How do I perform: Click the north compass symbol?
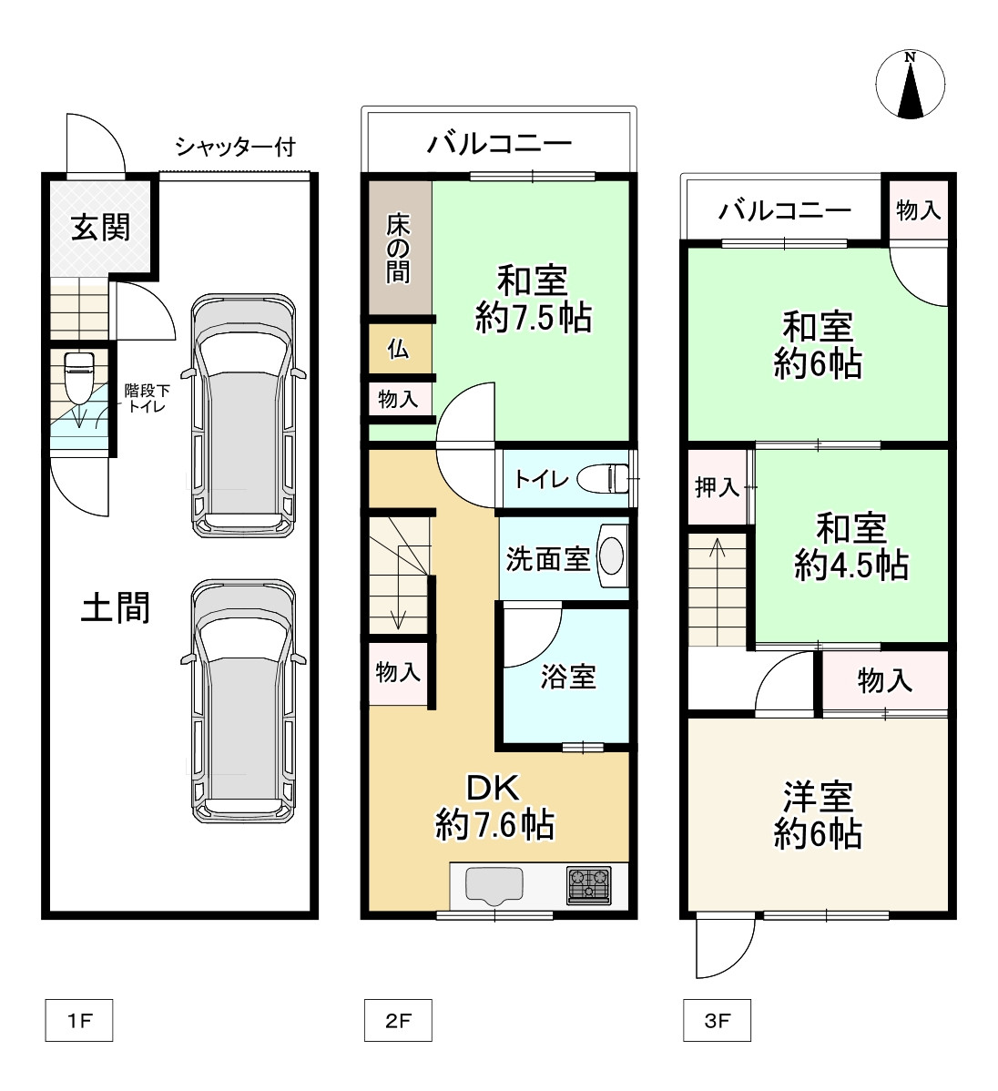910,85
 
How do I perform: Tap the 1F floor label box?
78,1020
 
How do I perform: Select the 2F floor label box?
398,1020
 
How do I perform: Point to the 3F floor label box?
717,1020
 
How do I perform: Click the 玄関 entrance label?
101,228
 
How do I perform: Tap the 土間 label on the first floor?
116,607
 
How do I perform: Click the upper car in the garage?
244,415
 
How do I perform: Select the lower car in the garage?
244,701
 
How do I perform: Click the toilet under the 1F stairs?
78,377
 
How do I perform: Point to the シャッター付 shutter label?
235,147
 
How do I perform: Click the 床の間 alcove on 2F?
400,248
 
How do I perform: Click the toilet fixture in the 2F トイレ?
604,479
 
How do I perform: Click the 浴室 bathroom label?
568,677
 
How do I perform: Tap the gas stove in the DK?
589,885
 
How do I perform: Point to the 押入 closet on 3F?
717,487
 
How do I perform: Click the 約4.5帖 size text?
851,565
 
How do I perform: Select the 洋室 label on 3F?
818,797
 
